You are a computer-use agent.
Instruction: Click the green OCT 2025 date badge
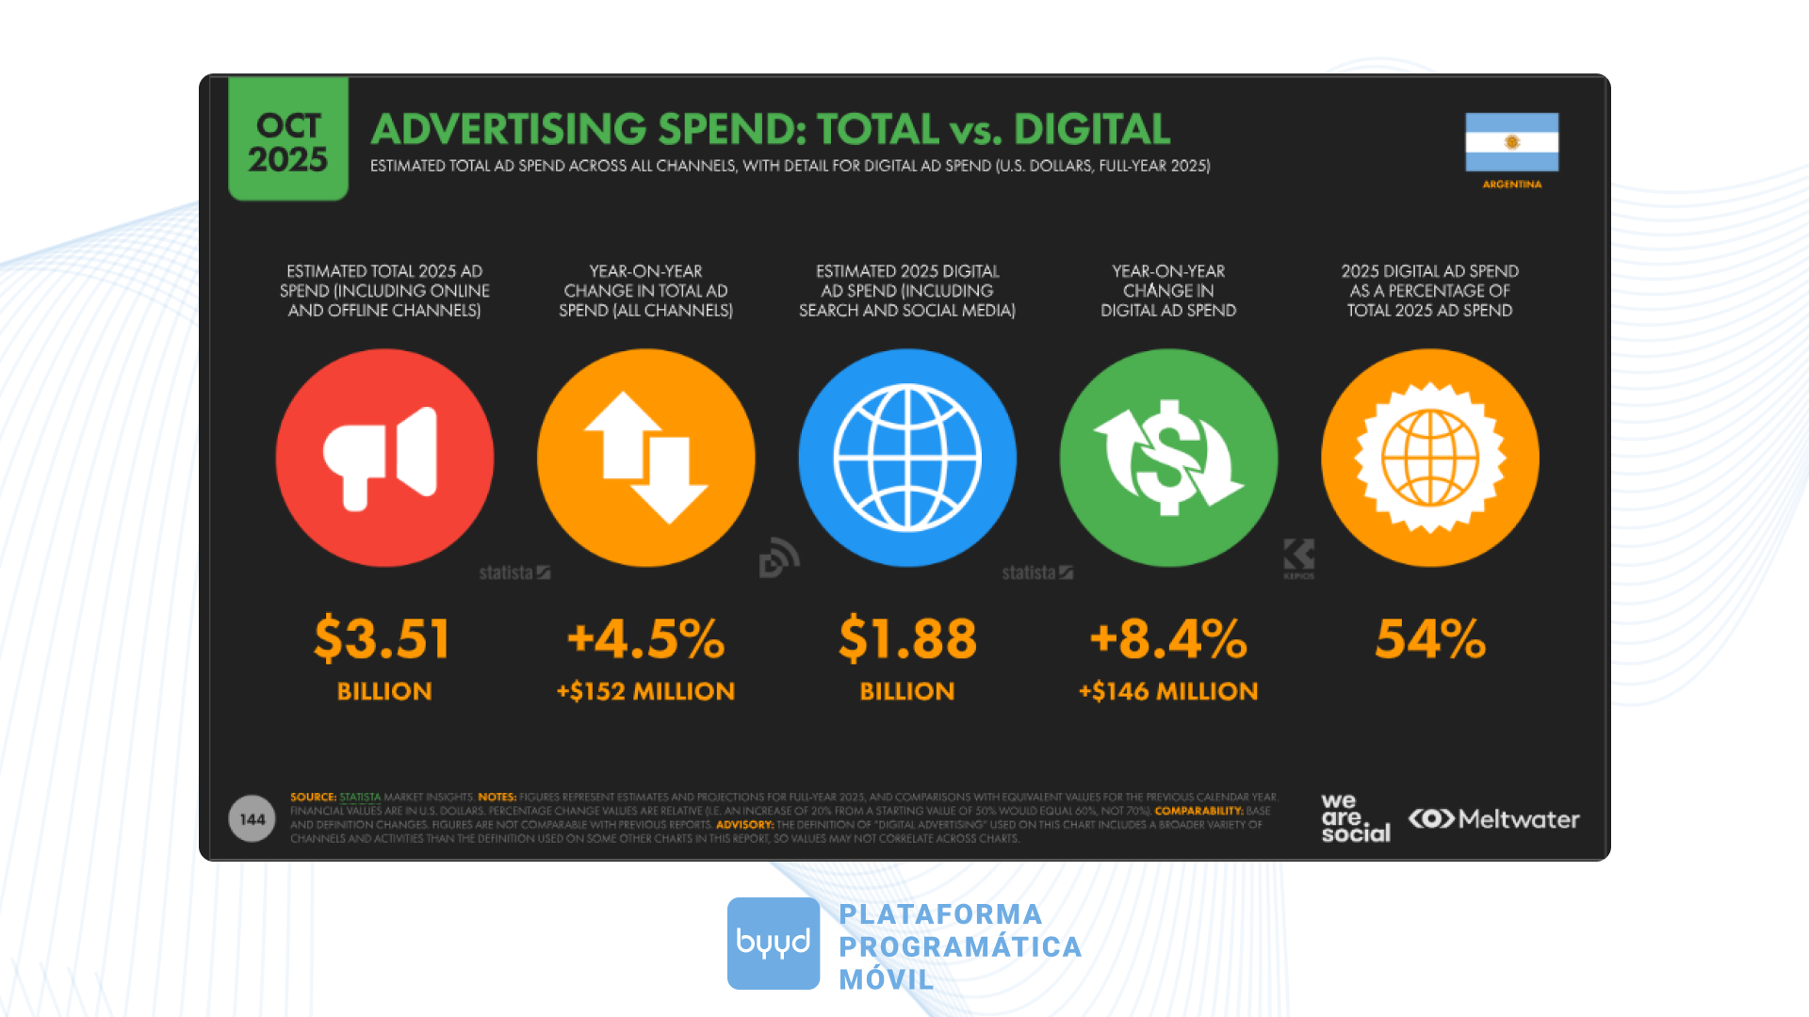[x=288, y=139]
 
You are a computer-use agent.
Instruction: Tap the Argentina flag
[x=1511, y=142]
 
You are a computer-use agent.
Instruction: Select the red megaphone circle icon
[x=384, y=458]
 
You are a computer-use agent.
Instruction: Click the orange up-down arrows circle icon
[x=646, y=458]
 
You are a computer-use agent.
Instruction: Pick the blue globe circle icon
[x=907, y=458]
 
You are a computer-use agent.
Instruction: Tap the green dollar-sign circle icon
[x=1168, y=458]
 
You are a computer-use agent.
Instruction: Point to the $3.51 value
[x=383, y=638]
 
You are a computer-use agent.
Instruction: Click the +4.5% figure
[x=646, y=638]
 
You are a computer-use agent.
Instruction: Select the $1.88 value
[x=907, y=638]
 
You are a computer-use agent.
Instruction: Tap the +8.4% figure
[x=1168, y=638]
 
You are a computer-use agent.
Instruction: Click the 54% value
[x=1430, y=638]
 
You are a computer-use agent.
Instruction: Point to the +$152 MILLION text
[x=646, y=691]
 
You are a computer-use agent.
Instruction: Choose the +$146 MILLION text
[x=1168, y=691]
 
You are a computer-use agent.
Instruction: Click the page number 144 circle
[x=252, y=819]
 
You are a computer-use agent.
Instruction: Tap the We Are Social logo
[x=1355, y=817]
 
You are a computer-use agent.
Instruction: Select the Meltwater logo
[x=1494, y=819]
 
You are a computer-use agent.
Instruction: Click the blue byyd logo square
[x=774, y=943]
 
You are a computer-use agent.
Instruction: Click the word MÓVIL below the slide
[x=887, y=979]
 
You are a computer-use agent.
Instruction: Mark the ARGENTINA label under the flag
[x=1512, y=185]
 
